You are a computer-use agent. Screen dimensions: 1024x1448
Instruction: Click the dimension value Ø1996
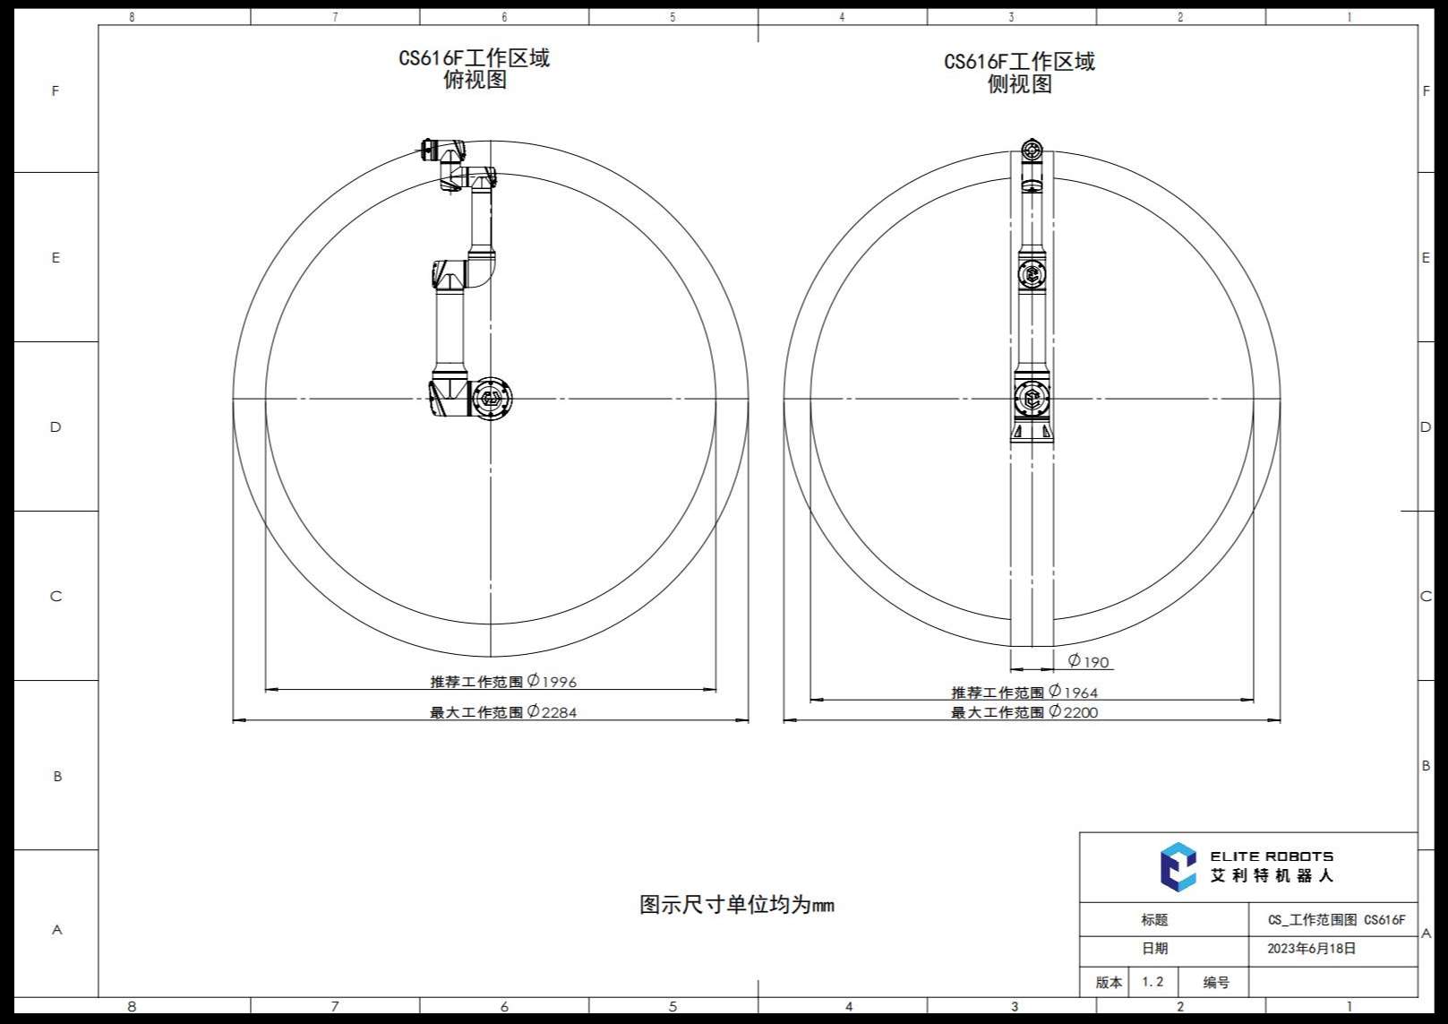552,682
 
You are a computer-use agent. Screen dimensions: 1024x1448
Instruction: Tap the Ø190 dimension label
1089,662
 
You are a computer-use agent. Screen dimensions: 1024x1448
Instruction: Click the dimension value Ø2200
1073,712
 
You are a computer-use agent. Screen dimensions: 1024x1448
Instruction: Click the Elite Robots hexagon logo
1178,866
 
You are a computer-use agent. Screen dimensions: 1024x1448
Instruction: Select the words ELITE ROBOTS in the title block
1272,856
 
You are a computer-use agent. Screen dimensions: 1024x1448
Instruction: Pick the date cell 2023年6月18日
1311,949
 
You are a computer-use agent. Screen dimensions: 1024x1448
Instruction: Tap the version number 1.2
1152,982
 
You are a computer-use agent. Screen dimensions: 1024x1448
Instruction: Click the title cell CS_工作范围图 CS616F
1336,920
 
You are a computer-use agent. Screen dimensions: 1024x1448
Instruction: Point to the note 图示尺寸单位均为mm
736,905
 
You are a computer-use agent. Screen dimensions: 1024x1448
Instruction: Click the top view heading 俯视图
475,81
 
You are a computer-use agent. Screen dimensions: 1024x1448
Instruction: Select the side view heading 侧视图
1019,84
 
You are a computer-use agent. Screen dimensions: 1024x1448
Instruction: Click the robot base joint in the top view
489,398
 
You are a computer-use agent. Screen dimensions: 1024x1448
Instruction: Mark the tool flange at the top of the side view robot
1032,150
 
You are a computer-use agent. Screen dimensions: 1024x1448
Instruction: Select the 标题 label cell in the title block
1154,920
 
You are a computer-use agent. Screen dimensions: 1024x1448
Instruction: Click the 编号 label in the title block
1215,983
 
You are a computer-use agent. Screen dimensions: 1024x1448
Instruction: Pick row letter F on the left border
56,91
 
